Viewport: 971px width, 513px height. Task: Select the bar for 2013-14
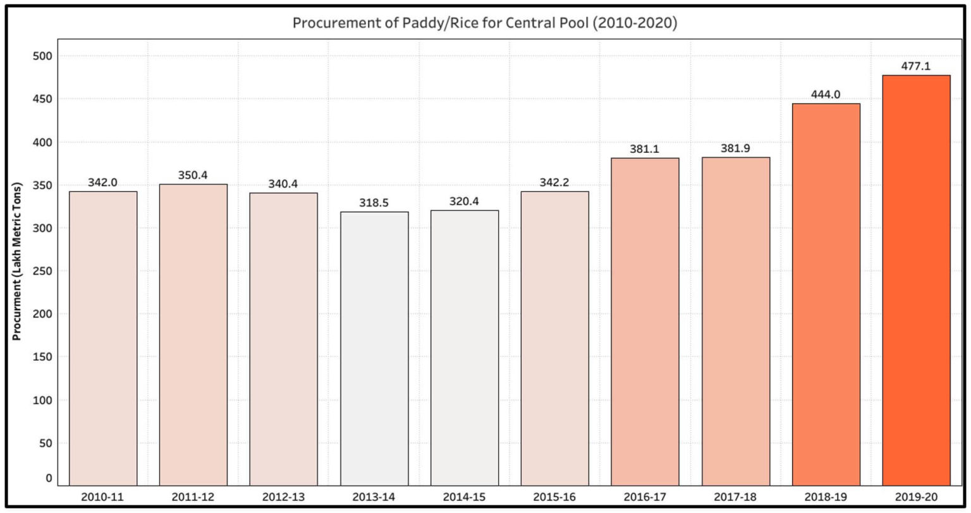[374, 348]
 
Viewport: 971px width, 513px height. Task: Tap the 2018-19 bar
[826, 294]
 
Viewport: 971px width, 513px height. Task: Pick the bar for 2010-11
[103, 338]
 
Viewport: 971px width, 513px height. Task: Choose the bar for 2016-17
[645, 322]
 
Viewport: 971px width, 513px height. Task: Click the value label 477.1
[916, 66]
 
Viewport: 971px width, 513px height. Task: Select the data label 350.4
[193, 175]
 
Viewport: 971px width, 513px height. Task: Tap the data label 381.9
[735, 148]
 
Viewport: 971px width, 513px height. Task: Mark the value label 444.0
[826, 95]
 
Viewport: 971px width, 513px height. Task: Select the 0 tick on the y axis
[48, 478]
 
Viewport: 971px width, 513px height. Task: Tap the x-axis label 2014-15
[464, 497]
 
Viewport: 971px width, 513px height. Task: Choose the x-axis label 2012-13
[283, 497]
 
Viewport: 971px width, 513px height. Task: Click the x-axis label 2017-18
[735, 497]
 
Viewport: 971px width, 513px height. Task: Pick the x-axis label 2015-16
[554, 497]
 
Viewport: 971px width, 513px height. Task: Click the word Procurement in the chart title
[332, 23]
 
